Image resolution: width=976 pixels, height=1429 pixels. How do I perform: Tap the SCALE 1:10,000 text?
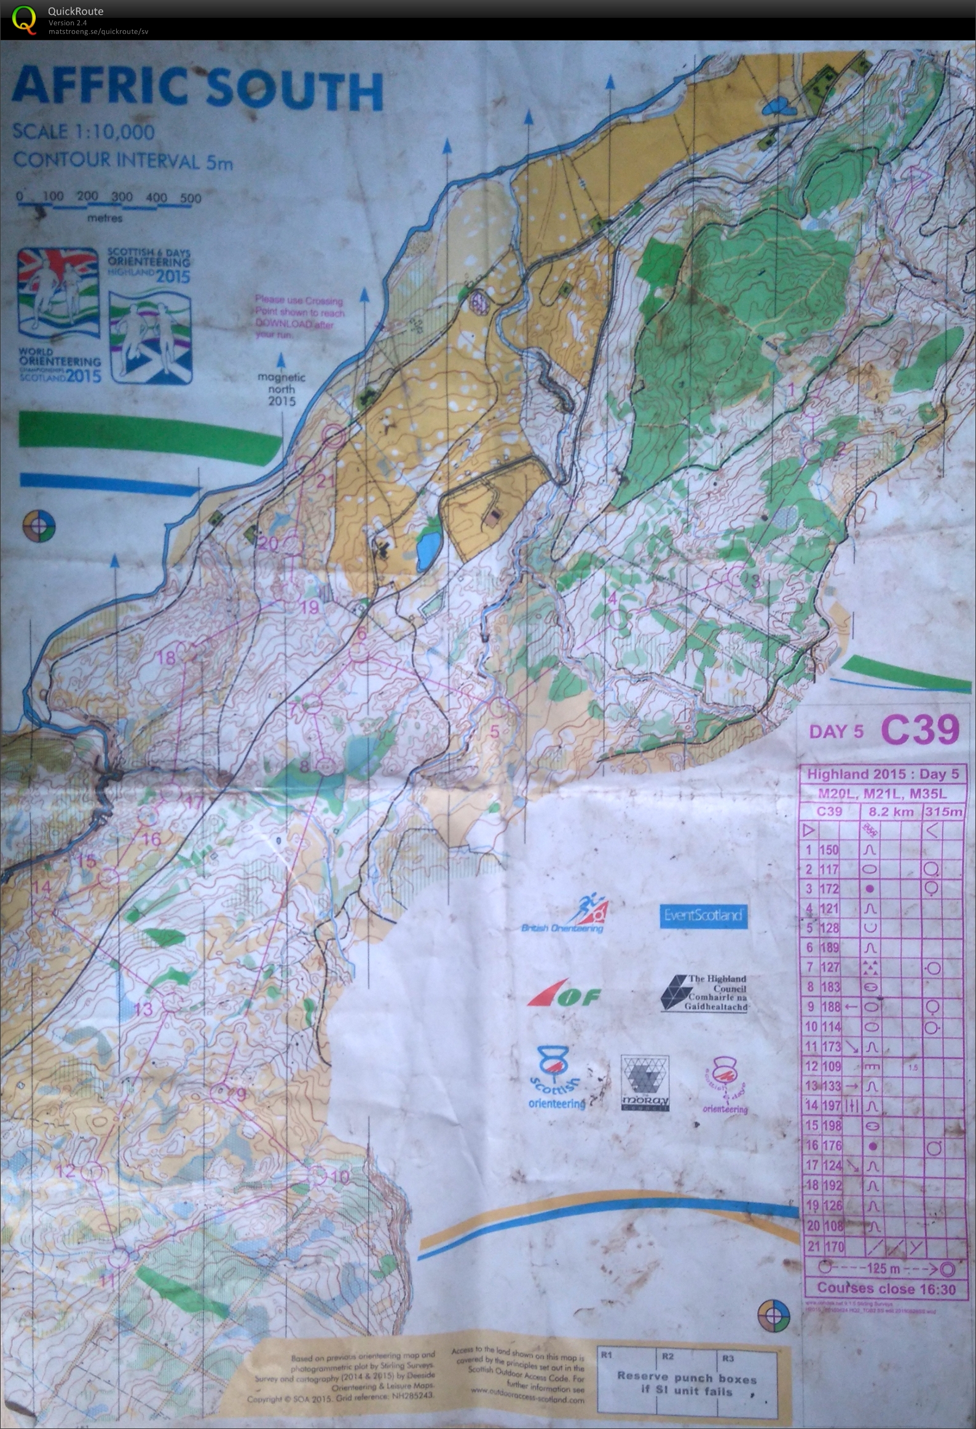click(x=83, y=131)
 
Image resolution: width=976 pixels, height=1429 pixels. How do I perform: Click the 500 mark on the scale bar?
click(x=191, y=198)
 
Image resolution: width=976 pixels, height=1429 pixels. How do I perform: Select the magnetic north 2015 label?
click(x=281, y=389)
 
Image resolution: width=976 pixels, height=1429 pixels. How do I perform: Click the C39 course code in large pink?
click(x=919, y=730)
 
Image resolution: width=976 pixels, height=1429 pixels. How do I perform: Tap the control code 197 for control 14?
click(x=831, y=1105)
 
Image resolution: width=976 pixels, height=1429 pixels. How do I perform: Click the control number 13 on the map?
click(x=143, y=1008)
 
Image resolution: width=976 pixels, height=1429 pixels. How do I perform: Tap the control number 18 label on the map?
click(x=166, y=657)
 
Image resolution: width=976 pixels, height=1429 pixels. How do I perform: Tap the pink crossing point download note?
click(x=299, y=316)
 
